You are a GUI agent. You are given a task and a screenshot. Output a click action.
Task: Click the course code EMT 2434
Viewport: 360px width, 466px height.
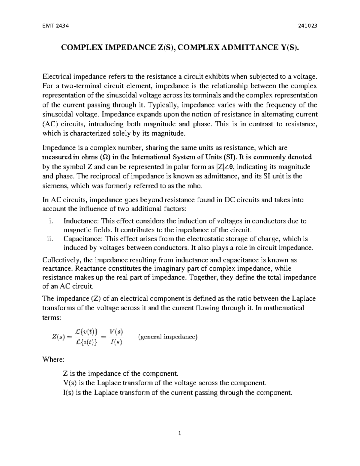tap(56, 26)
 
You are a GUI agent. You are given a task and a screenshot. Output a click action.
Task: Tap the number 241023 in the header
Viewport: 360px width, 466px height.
tap(306, 26)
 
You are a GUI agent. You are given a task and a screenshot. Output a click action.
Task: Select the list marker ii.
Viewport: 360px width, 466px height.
tap(50, 239)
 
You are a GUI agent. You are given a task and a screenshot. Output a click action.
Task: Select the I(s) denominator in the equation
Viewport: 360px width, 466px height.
tap(116, 342)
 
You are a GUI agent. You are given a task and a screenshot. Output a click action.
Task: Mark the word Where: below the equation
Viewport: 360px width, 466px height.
tap(53, 359)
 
